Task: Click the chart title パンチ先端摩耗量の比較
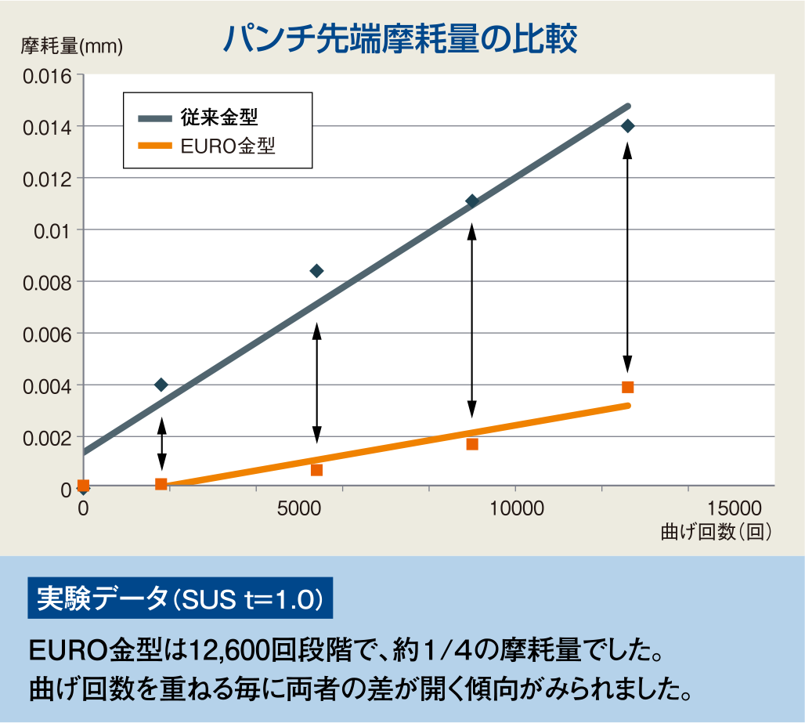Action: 400,38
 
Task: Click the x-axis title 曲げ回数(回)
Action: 717,532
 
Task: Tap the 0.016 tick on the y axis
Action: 47,76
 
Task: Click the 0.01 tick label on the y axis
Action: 55,230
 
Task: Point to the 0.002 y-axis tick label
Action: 47,437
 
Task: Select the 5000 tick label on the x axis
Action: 300,508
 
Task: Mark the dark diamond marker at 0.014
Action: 627,126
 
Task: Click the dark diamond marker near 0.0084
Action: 316,271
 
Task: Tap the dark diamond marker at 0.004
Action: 161,385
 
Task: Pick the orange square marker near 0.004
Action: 627,387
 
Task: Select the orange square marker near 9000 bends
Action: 472,444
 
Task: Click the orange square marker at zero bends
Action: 84,486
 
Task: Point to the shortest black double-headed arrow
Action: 161,443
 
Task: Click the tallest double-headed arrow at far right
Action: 627,257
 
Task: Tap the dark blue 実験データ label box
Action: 179,599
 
